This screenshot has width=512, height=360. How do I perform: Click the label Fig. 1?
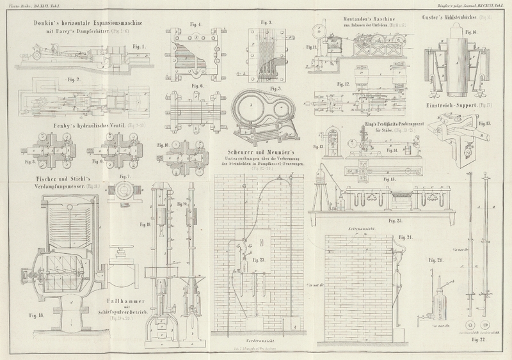click(137, 46)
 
